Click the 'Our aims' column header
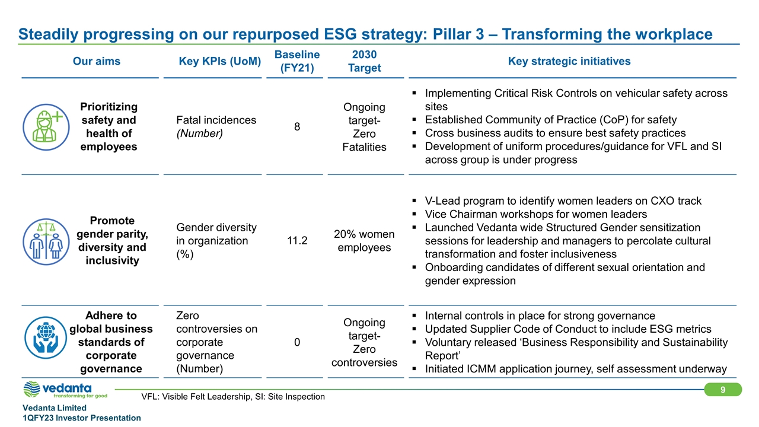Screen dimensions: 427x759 pos(96,61)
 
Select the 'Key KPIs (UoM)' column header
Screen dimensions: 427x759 pos(220,61)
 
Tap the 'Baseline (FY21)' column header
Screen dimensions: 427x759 pos(297,61)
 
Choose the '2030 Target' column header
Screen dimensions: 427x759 pos(364,61)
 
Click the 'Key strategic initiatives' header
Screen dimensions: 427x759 pos(569,61)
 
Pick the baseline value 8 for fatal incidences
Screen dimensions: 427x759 pos(297,126)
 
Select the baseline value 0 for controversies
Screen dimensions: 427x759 pos(297,342)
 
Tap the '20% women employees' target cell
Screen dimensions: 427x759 pos(364,241)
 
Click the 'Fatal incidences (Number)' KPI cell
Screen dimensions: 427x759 pos(216,126)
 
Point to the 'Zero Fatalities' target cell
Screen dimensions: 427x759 pos(364,126)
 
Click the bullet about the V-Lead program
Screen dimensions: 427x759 pos(563,200)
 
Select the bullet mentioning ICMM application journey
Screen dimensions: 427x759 pos(575,369)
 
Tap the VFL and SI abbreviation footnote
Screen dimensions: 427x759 pos(233,396)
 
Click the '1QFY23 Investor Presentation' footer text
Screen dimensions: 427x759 pos(82,418)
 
